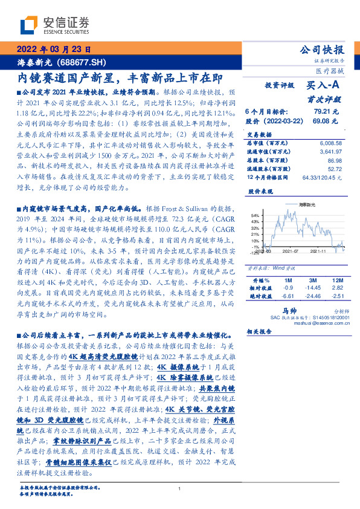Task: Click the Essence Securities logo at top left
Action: pyautogui.click(x=55, y=25)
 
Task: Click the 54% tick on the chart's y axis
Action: pyautogui.click(x=255, y=215)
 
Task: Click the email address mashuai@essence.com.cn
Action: pyautogui.click(x=315, y=323)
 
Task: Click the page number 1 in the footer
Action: pyautogui.click(x=180, y=489)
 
